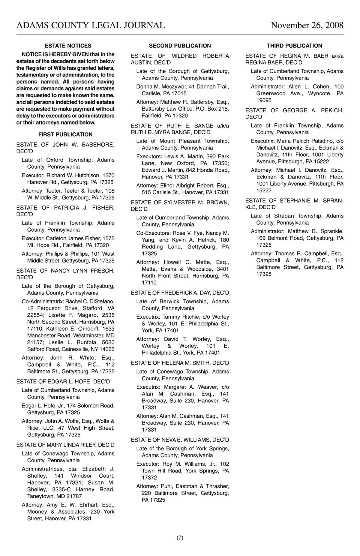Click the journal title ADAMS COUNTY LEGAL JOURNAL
(x=90, y=25)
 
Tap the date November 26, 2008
(x=307, y=25)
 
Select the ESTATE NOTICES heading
(x=68, y=46)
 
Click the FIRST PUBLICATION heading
(x=65, y=135)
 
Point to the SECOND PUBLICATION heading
(x=180, y=46)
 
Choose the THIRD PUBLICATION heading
(x=294, y=46)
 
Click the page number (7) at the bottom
(x=180, y=538)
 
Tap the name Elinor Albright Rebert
(x=182, y=186)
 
